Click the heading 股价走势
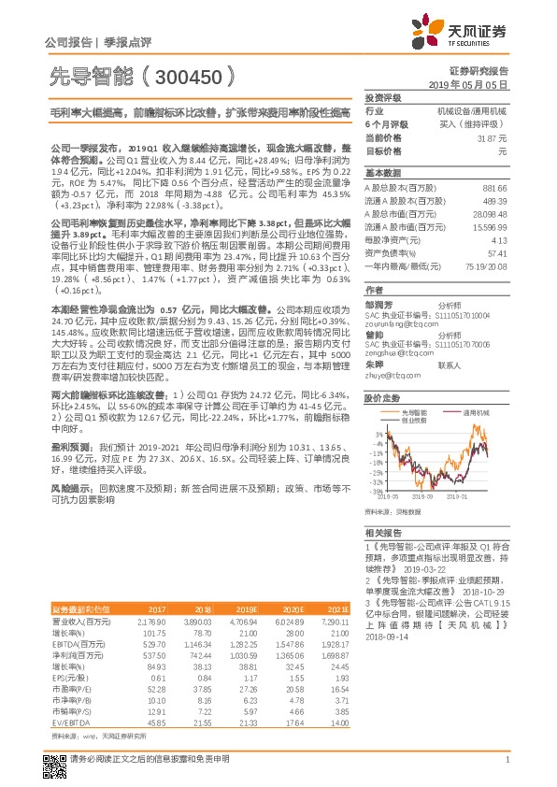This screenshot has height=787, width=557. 382,396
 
